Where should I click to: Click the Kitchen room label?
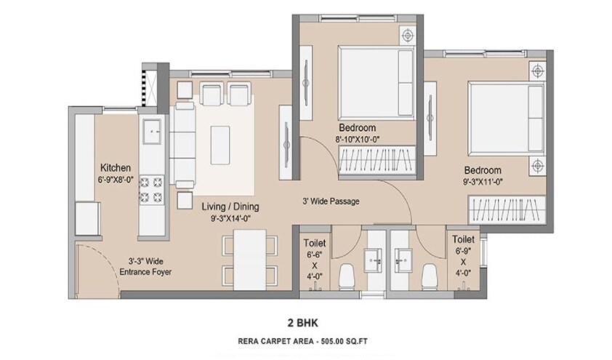click(x=115, y=166)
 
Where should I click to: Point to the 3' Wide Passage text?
click(x=331, y=201)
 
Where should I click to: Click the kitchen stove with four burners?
click(x=154, y=190)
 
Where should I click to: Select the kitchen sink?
click(x=153, y=132)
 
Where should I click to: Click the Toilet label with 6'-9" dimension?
click(x=463, y=239)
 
